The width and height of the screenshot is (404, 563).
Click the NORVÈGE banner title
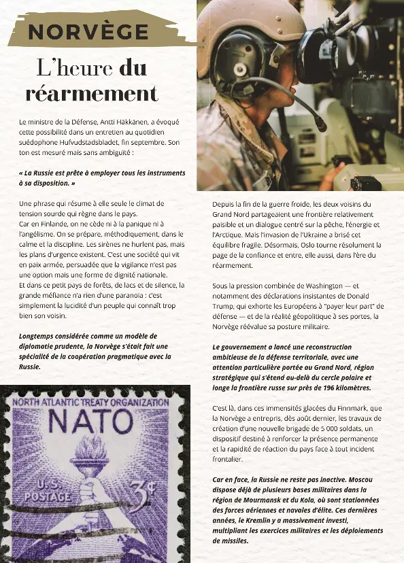tap(88, 32)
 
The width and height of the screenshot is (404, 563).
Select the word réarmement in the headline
tap(92, 93)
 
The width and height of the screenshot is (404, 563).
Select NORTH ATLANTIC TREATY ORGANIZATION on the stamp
tap(90, 403)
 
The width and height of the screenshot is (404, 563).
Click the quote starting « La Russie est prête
tap(102, 178)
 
